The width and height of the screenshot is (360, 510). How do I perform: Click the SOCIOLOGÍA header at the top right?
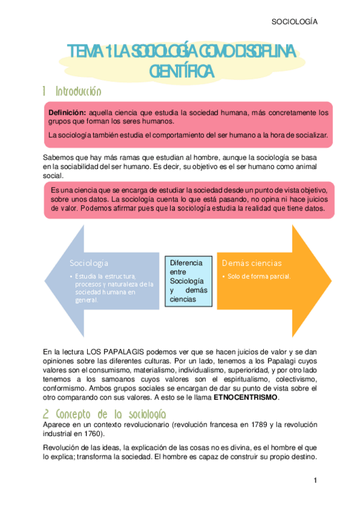coord(294,22)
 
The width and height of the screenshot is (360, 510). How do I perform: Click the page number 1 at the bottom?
coord(315,481)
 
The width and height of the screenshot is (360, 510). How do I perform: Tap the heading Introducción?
coord(78,92)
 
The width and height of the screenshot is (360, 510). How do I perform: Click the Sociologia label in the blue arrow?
coord(89,263)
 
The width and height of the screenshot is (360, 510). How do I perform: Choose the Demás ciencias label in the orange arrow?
coord(251,263)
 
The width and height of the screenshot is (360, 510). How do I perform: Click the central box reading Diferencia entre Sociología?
coord(186,281)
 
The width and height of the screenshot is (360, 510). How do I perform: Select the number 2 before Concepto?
coord(46,414)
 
